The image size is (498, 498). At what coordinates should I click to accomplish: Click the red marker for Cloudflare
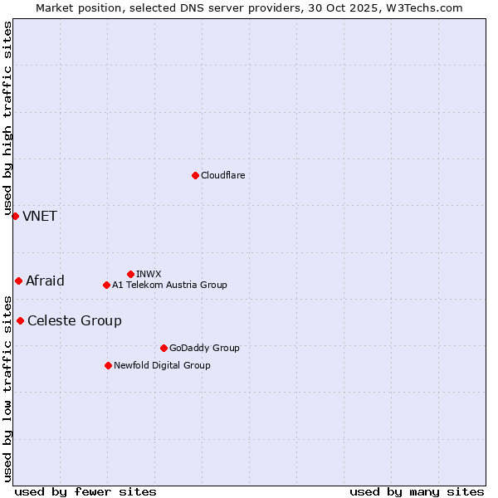pyautogui.click(x=195, y=175)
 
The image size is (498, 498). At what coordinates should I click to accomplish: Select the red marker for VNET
pyautogui.click(x=15, y=216)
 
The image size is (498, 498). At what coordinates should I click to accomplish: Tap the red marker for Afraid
pyautogui.click(x=18, y=281)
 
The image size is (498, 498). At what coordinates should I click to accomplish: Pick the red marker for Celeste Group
pyautogui.click(x=20, y=320)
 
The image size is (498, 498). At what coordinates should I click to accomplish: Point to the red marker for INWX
pyautogui.click(x=130, y=274)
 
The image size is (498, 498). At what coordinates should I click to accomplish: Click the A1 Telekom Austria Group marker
pyautogui.click(x=106, y=285)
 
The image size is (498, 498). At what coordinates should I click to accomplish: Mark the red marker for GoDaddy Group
pyautogui.click(x=164, y=348)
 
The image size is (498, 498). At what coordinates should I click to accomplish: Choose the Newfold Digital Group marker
pyautogui.click(x=108, y=365)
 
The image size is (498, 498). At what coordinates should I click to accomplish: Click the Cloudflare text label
pyautogui.click(x=223, y=175)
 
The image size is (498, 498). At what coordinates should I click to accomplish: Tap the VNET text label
pyautogui.click(x=40, y=217)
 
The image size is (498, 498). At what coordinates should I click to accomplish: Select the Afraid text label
pyautogui.click(x=45, y=281)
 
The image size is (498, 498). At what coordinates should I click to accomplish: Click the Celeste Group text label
pyautogui.click(x=75, y=321)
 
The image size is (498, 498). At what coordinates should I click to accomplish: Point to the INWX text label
pyautogui.click(x=149, y=274)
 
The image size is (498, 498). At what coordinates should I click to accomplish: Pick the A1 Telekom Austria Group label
pyautogui.click(x=169, y=285)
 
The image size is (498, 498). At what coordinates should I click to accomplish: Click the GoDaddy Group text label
pyautogui.click(x=204, y=348)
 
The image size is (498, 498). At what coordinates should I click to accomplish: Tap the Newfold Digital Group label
pyautogui.click(x=162, y=365)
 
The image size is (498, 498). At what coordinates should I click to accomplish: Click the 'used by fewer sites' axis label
pyautogui.click(x=85, y=491)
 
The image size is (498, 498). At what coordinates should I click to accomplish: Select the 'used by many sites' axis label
pyautogui.click(x=417, y=491)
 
